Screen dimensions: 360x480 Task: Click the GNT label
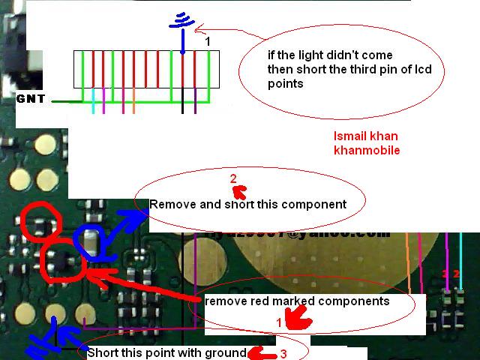30,98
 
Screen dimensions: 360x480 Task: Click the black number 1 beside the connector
208,42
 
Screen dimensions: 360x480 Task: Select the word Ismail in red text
349,136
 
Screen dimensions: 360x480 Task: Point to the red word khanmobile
366,150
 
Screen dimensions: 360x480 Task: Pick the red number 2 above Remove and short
233,178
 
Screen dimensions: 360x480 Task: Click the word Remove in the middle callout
169,204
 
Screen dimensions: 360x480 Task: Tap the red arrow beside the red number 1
300,320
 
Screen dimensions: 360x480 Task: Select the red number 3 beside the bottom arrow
283,354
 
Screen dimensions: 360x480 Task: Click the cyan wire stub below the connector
93,101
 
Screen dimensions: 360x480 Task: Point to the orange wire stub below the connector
133,101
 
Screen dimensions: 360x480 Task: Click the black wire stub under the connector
182,101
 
